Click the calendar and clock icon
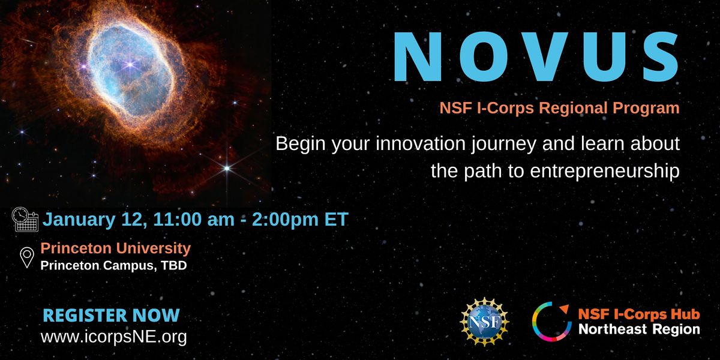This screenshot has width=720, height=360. tap(25, 220)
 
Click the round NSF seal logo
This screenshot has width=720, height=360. tap(484, 320)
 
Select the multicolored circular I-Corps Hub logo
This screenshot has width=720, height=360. tap(550, 320)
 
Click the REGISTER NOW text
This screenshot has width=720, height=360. tap(111, 315)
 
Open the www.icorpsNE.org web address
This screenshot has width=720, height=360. tap(113, 337)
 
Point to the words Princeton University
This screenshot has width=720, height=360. tap(115, 248)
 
